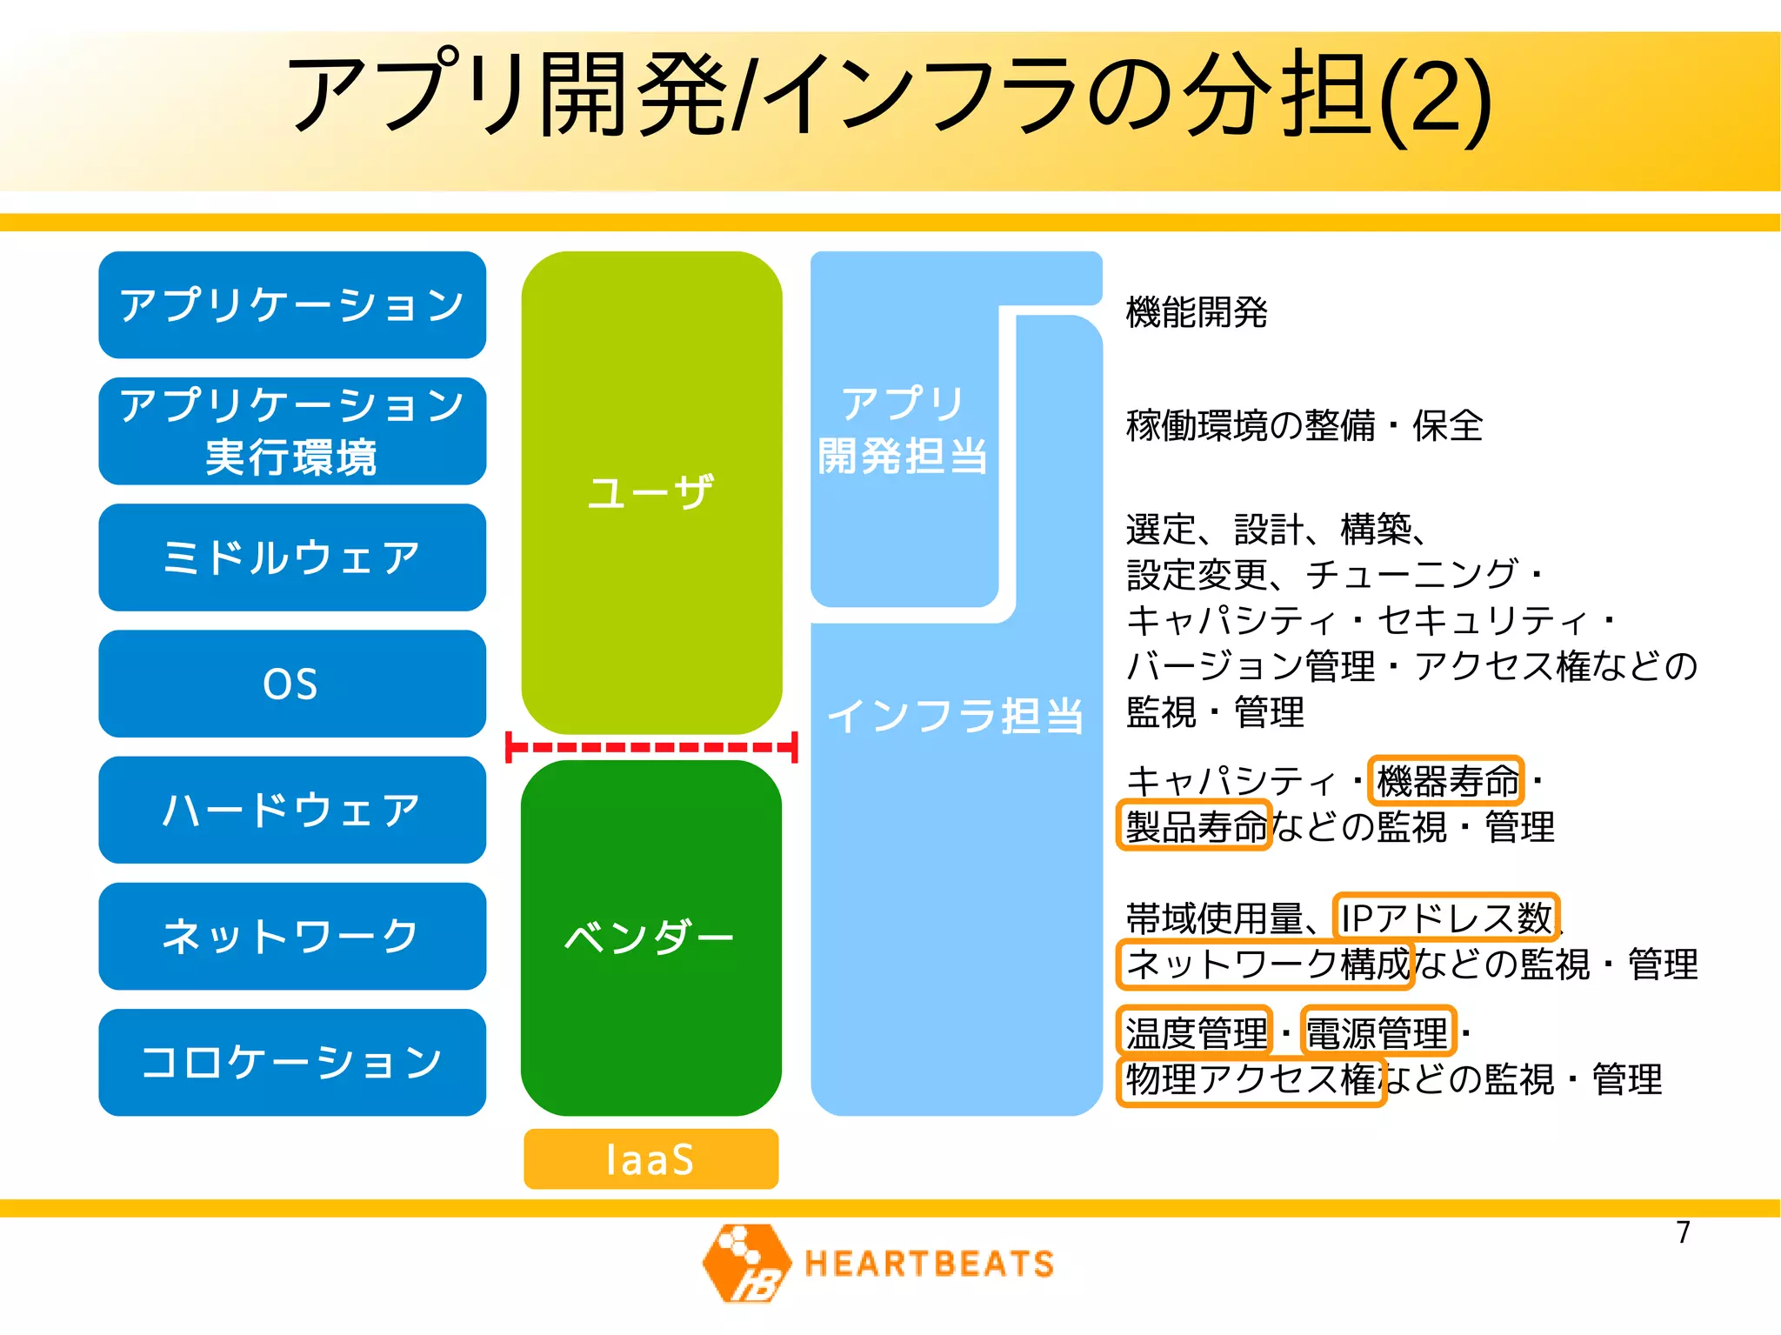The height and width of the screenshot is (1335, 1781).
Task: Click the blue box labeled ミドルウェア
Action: point(291,557)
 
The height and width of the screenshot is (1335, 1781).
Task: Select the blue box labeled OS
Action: point(291,684)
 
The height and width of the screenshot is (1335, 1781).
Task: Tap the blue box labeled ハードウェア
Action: point(291,810)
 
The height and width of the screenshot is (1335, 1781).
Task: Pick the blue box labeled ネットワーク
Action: point(291,936)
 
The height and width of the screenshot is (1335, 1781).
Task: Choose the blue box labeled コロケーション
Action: point(291,1062)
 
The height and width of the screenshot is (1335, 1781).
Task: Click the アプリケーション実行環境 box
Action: point(291,431)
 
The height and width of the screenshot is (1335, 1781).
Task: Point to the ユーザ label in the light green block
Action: point(650,492)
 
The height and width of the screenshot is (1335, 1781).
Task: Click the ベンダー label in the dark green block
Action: point(650,937)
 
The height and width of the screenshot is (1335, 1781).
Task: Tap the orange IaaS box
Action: point(650,1158)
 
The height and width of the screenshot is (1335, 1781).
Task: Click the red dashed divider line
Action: point(651,747)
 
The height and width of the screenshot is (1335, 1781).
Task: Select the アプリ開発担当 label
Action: point(903,430)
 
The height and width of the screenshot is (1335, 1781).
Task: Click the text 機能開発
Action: point(1196,311)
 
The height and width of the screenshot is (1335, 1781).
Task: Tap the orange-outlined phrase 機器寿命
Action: point(1446,780)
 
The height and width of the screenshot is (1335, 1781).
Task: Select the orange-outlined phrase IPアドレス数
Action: point(1445,917)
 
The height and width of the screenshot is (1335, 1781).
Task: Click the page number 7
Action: point(1683,1232)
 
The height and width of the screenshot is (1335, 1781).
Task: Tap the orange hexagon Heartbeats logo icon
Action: point(746,1263)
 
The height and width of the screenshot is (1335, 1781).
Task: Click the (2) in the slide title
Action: point(1435,97)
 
